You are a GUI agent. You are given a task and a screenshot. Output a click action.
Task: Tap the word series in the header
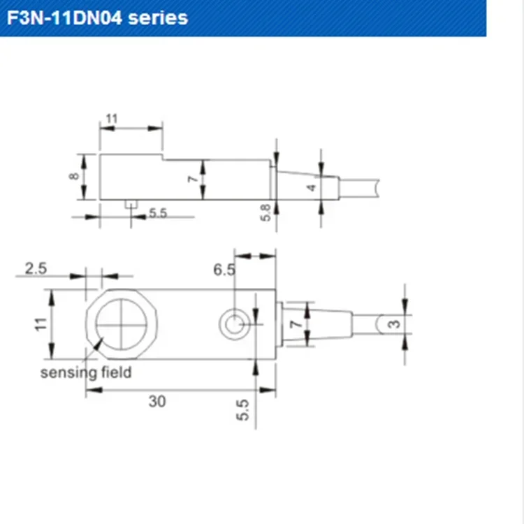click(x=163, y=17)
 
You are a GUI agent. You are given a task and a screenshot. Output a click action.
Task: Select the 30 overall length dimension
click(x=157, y=401)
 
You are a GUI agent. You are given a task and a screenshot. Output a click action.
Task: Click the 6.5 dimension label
click(x=224, y=270)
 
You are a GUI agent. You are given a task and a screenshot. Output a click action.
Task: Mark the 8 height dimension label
click(x=75, y=177)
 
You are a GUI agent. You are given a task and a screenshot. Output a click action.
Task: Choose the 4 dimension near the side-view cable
click(x=312, y=187)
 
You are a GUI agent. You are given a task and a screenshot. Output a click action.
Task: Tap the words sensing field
click(x=85, y=372)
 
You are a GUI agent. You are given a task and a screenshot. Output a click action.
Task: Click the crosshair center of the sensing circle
click(x=123, y=323)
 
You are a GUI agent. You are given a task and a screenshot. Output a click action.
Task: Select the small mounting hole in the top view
click(x=233, y=323)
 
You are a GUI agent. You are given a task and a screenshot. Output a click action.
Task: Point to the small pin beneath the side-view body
click(x=131, y=203)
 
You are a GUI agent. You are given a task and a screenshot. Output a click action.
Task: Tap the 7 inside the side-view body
click(x=190, y=179)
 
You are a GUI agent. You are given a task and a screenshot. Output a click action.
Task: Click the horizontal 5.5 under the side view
click(x=158, y=214)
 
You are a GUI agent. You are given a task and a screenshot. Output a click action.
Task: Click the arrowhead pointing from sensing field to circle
click(x=100, y=342)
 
